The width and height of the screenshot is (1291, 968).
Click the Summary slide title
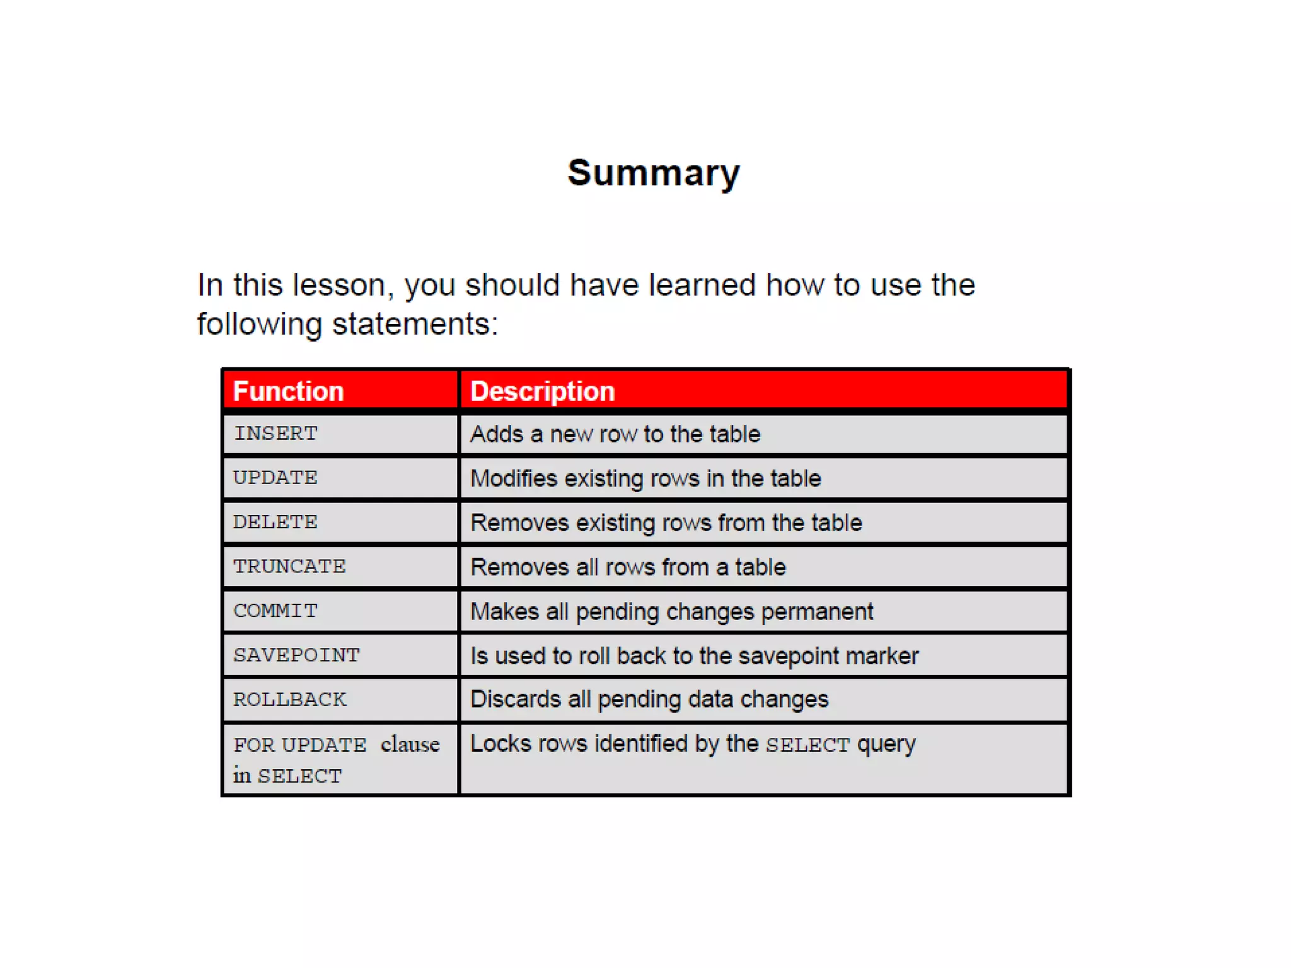click(654, 173)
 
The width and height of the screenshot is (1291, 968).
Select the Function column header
click(288, 391)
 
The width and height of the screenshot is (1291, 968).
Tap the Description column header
click(542, 391)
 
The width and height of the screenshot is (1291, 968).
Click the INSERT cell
click(275, 434)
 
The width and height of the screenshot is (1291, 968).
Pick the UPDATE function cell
click(275, 478)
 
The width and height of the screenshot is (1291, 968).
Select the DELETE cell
click(275, 522)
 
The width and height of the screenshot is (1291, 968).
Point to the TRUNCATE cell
click(289, 566)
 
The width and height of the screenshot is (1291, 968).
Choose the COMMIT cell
click(275, 611)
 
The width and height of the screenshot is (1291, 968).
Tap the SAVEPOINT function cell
click(296, 655)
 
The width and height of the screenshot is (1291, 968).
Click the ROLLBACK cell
click(289, 699)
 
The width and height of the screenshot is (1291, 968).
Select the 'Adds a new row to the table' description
click(615, 434)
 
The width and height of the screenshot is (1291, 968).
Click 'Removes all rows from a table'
click(628, 567)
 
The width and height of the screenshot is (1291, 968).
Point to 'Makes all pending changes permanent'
click(671, 611)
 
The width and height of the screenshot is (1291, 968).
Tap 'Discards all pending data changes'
click(649, 700)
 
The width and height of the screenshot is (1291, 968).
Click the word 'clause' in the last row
click(410, 744)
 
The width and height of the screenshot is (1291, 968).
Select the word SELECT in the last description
click(808, 745)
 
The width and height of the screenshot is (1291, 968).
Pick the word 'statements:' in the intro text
click(415, 324)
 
